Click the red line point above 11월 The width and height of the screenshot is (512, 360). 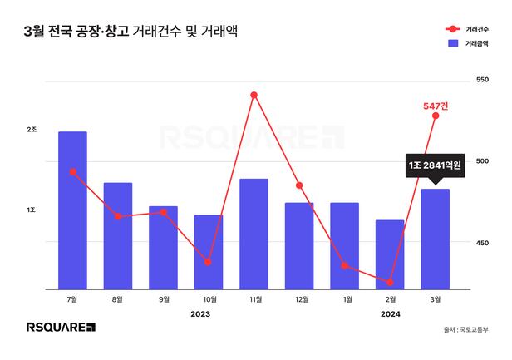[254, 95]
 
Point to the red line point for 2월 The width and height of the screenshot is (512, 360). [389, 283]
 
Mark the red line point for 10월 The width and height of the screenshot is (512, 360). [209, 262]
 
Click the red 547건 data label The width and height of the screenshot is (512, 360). [436, 106]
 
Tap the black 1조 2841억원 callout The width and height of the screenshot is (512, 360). [436, 165]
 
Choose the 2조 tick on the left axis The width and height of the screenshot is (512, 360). [32, 130]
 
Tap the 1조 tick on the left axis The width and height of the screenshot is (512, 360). [32, 210]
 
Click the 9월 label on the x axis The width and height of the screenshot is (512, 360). [163, 299]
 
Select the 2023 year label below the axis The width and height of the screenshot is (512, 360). [200, 314]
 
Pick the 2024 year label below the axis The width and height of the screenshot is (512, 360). [390, 314]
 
